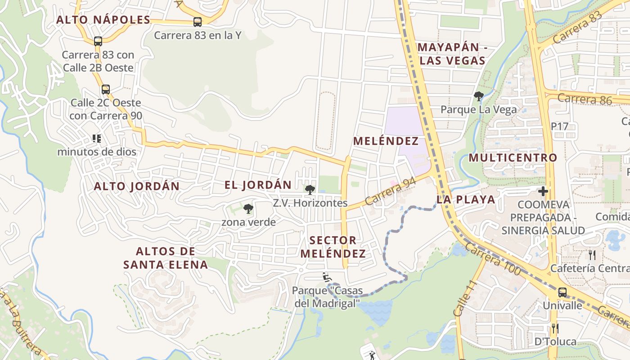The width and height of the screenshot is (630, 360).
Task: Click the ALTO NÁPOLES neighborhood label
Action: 103,20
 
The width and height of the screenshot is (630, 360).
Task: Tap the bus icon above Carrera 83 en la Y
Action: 197,22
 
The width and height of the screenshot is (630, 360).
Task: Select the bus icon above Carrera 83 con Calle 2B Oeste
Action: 98,41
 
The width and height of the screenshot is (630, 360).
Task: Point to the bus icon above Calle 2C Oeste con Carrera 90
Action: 105,89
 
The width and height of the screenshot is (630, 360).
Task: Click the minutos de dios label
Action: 96,152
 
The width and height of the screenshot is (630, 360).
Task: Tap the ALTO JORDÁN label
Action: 136,186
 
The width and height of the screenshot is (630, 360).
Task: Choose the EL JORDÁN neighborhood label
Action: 258,185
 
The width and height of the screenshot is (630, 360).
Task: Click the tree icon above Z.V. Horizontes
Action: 310,190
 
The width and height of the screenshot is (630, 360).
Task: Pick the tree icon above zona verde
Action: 248,209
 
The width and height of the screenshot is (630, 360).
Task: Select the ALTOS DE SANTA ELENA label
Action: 166,258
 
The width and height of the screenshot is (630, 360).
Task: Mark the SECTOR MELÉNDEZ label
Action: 333,247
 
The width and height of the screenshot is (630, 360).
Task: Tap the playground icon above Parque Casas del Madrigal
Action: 327,277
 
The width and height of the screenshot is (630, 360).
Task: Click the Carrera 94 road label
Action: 390,191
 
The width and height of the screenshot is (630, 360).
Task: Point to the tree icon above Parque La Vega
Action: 478,96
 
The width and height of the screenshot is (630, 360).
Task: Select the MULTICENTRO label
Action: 513,158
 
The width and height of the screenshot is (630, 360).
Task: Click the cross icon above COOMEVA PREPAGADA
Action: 543,191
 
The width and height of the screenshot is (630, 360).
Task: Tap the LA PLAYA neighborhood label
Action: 465,200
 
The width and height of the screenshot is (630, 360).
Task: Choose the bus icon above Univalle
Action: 562,292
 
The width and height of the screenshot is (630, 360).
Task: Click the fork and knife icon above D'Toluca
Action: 555,328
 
